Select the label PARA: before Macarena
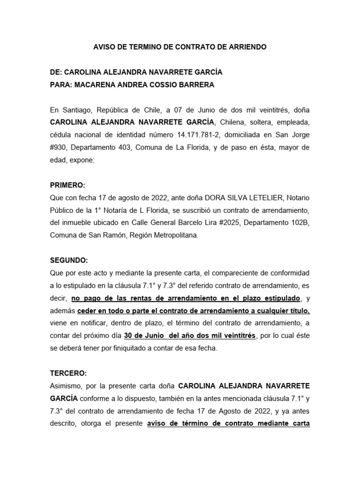pyautogui.click(x=61, y=85)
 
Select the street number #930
pyautogui.click(x=60, y=148)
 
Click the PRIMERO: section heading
pyautogui.click(x=67, y=185)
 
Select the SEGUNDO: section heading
pyautogui.click(x=69, y=260)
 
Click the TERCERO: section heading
pyautogui.click(x=68, y=373)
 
